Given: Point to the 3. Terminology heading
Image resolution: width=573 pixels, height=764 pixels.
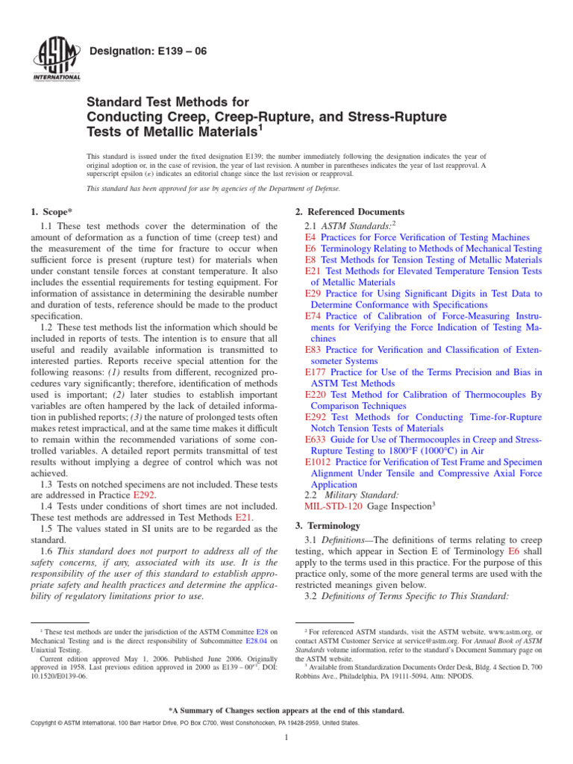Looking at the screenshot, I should [x=329, y=526].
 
